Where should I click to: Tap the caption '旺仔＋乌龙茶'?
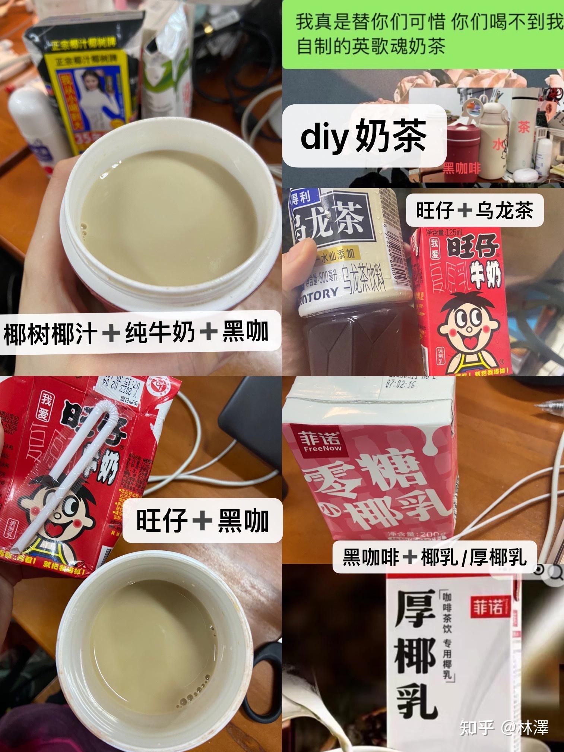[474, 211]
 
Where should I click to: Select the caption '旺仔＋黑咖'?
[202, 520]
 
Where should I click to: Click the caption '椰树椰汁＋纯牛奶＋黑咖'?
[136, 332]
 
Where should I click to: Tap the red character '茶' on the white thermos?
[523, 127]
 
